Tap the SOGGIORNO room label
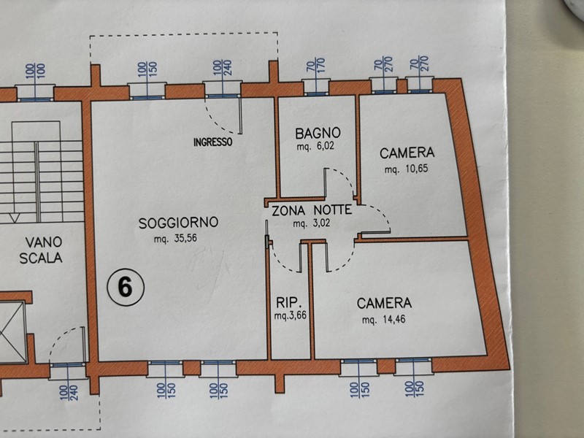[179, 223]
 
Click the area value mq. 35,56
[179, 239]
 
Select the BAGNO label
[318, 134]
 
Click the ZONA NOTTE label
[312, 210]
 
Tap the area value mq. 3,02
[312, 224]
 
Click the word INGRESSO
[213, 142]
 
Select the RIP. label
[285, 302]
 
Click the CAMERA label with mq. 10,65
[407, 153]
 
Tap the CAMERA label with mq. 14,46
[385, 302]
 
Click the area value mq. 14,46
[385, 319]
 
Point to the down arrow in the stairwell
[13, 216]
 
